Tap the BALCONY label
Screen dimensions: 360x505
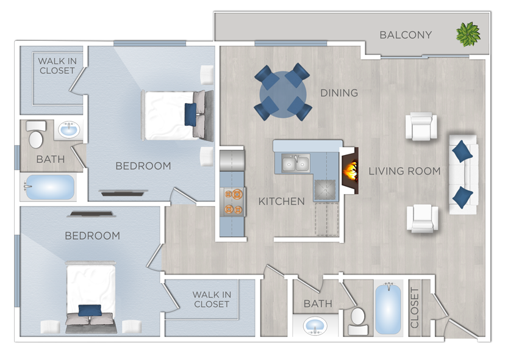tap(406, 35)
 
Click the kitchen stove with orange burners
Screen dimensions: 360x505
tap(233, 202)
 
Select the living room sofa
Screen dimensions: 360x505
tap(464, 174)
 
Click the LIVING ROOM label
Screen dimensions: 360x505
tap(404, 171)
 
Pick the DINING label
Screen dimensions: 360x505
tap(339, 93)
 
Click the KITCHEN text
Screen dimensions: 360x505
tap(281, 201)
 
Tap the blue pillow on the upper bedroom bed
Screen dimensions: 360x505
tap(190, 113)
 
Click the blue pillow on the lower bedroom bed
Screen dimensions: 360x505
tap(90, 311)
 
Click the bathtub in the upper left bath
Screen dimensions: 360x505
tap(49, 187)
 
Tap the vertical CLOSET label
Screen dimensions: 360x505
tap(415, 308)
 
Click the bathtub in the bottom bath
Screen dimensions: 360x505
tap(389, 308)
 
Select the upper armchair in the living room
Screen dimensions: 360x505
tap(422, 127)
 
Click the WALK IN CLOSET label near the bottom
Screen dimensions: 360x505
tap(212, 300)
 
